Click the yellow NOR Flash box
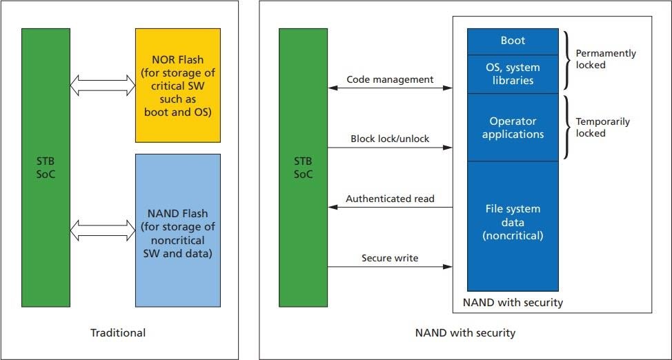[178, 86]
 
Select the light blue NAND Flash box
[178, 230]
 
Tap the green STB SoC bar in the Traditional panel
[46, 168]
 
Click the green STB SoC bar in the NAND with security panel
[303, 168]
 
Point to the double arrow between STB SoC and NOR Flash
[103, 85]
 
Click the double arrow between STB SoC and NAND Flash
[103, 230]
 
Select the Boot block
[513, 41]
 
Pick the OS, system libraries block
[513, 74]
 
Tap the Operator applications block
[513, 128]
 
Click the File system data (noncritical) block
[513, 221]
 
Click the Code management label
[390, 79]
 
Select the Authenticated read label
[390, 199]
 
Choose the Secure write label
[390, 258]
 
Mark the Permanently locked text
[606, 59]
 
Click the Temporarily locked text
[602, 127]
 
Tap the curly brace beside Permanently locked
[567, 59]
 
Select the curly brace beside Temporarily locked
[567, 128]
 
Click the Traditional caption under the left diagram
[118, 333]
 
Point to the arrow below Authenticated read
[390, 207]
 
